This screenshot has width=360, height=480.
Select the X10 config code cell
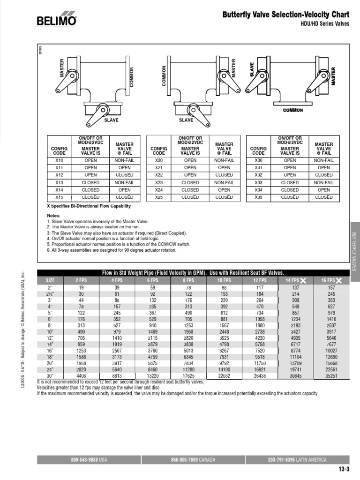(59, 160)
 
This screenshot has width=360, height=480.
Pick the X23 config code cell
(159, 183)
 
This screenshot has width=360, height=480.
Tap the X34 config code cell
(258, 190)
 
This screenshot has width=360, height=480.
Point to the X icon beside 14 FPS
(303, 280)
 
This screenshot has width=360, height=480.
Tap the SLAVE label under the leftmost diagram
(112, 120)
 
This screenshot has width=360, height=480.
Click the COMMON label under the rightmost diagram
(293, 111)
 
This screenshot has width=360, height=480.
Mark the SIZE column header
(50, 280)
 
